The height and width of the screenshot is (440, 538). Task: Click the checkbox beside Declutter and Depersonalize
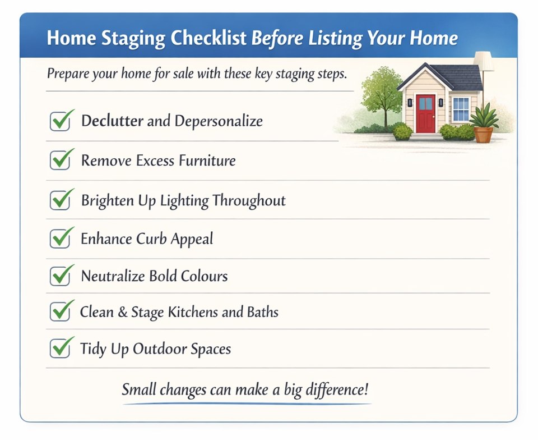[x=59, y=122]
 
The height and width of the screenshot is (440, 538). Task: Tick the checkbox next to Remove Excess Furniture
[x=59, y=161]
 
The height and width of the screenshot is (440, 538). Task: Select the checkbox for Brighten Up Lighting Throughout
[x=59, y=200]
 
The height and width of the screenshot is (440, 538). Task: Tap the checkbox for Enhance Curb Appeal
[x=59, y=239]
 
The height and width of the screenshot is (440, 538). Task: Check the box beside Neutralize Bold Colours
[x=59, y=276]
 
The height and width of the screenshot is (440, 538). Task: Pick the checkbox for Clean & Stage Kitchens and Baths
[x=59, y=311]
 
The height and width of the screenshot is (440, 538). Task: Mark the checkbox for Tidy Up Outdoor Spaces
[x=59, y=349]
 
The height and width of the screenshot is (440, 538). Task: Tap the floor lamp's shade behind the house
[x=484, y=61]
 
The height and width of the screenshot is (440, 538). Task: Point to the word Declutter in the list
[x=112, y=121]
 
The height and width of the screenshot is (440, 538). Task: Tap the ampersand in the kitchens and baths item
[x=122, y=312]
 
